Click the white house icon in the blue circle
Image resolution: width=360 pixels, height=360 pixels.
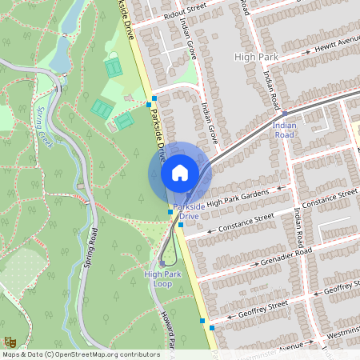(x=180, y=172)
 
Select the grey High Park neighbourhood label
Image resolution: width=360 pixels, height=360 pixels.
(x=255, y=58)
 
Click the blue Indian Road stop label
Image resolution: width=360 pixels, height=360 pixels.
(x=284, y=129)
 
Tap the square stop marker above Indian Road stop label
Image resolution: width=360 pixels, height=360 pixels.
(x=284, y=114)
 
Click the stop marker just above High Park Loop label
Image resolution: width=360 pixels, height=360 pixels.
(x=162, y=262)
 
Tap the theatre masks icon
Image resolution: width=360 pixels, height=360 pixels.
(x=10, y=343)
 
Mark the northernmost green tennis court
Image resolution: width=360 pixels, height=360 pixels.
(x=114, y=68)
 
